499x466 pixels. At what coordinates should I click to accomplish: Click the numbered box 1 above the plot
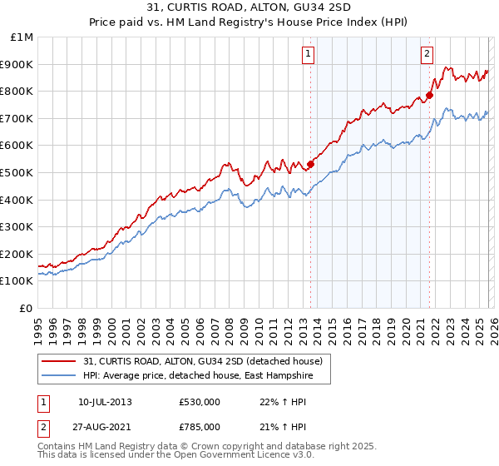pyautogui.click(x=308, y=54)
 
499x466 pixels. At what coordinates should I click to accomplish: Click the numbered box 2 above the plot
pyautogui.click(x=427, y=54)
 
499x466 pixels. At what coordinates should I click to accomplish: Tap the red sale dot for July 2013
pyautogui.click(x=310, y=164)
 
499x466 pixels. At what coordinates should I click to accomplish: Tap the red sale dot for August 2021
pyautogui.click(x=430, y=95)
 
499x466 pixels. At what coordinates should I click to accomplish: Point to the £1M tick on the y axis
pyautogui.click(x=22, y=37)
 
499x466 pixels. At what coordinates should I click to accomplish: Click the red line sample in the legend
pyautogui.click(x=59, y=360)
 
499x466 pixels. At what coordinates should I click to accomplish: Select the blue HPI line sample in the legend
pyautogui.click(x=59, y=375)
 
